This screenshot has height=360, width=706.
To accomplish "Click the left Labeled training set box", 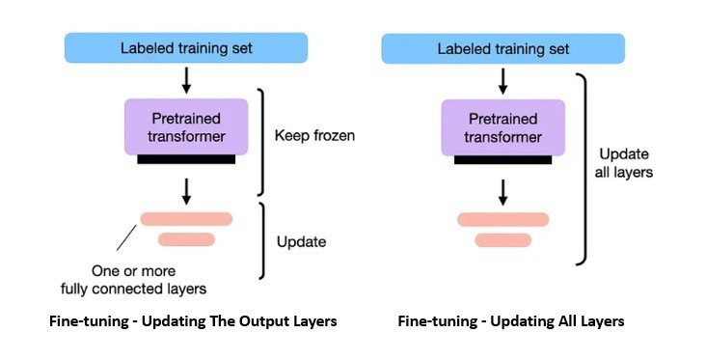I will click(x=185, y=48).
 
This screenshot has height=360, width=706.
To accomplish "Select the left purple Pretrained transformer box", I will click(x=185, y=126).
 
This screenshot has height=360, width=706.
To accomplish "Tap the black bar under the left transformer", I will click(x=185, y=158).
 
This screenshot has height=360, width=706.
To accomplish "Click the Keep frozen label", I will click(x=315, y=136).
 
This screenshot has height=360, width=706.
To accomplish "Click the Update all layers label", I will click(x=626, y=163).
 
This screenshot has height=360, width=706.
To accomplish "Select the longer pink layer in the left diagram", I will click(x=186, y=219).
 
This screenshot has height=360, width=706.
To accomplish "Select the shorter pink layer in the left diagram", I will click(x=186, y=239).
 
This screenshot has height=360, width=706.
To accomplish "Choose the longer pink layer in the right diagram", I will click(x=502, y=219).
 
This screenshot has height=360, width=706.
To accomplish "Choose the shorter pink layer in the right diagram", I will click(x=502, y=239).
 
